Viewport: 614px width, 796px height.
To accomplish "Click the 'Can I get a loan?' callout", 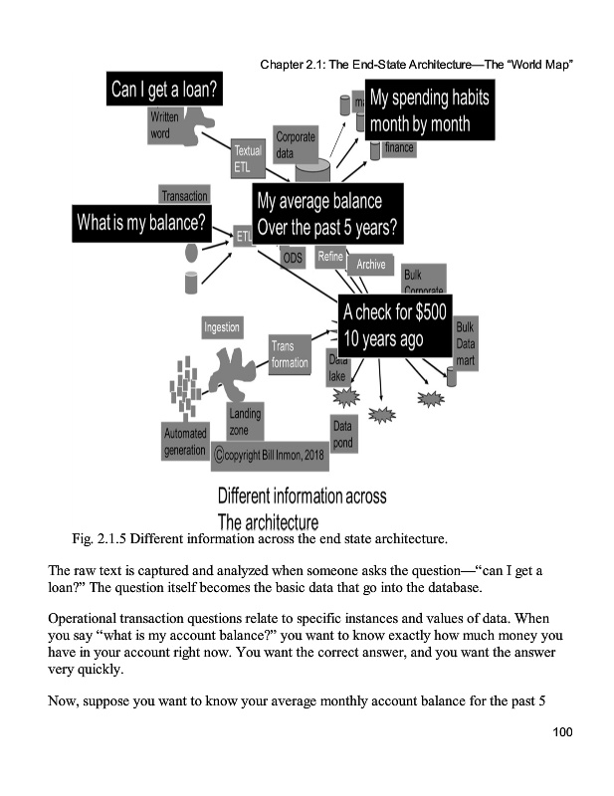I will (165, 92).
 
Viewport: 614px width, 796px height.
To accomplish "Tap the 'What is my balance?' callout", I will (141, 221).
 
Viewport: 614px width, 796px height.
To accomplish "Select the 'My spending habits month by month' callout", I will (430, 112).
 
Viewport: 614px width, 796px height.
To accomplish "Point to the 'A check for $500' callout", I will (396, 324).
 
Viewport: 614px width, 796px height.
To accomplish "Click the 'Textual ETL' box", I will (247, 159).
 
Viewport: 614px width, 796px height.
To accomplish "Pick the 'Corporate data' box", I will (296, 145).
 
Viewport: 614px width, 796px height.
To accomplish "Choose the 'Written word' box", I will (165, 126).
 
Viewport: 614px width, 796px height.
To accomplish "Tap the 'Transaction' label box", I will (184, 196).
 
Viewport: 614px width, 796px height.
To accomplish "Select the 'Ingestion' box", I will (221, 326).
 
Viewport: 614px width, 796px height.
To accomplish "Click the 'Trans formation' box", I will (290, 354).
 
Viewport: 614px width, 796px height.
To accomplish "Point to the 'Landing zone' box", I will (245, 422).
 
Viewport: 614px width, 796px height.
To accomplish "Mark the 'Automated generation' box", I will (186, 441).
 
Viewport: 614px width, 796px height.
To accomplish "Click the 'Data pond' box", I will (342, 435).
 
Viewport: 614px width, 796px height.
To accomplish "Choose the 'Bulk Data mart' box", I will (465, 343).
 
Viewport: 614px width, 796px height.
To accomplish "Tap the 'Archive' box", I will (370, 265).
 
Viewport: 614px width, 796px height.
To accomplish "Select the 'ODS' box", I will (292, 258).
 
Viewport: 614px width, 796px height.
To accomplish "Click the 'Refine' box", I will (329, 256).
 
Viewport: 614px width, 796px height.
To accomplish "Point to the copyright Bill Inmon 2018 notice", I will (262, 456).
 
